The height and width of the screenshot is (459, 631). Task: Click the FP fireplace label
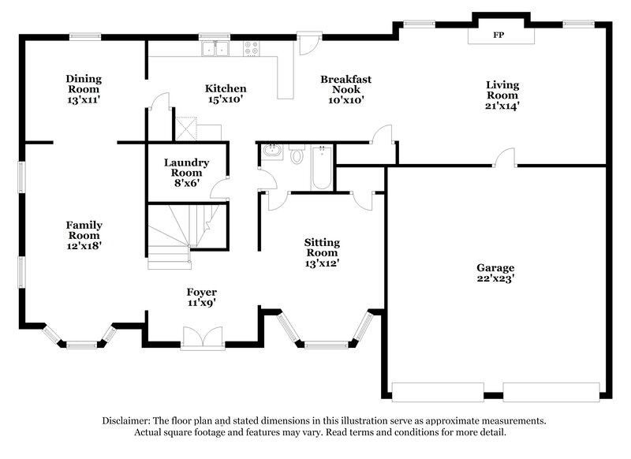[498, 35]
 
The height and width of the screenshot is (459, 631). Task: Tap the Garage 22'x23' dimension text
[495, 278]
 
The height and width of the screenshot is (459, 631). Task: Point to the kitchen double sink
[215, 49]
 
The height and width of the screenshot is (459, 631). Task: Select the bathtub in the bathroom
[320, 167]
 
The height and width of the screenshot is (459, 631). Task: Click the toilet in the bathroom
[297, 155]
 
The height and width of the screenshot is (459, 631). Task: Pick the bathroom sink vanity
[271, 151]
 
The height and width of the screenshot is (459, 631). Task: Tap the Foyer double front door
[203, 338]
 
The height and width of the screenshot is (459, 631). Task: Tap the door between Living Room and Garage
[505, 160]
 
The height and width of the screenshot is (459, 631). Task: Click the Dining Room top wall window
[84, 35]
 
